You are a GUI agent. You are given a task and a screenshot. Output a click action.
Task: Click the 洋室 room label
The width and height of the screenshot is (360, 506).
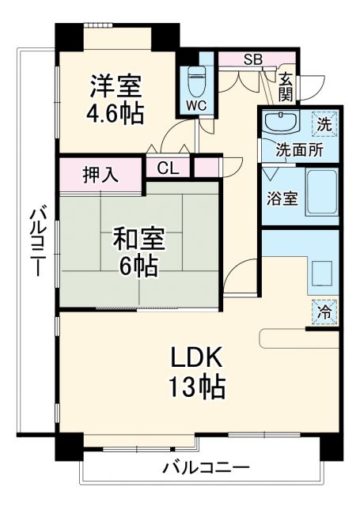[116, 84]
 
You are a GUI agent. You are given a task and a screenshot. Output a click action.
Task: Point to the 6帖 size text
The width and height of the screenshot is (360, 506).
[138, 266]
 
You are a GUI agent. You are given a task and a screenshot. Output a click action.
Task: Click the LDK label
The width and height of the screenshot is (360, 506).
[198, 357]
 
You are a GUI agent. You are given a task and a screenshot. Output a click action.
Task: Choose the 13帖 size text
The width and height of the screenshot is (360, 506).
[198, 387]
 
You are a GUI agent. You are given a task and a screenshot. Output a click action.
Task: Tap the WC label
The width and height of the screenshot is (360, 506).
[197, 104]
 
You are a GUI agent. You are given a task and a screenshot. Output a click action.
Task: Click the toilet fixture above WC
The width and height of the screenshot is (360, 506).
[197, 79]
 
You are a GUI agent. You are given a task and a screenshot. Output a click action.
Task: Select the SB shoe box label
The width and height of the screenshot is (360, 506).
[253, 59]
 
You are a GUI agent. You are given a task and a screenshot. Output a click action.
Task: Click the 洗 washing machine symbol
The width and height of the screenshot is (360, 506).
[325, 123]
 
